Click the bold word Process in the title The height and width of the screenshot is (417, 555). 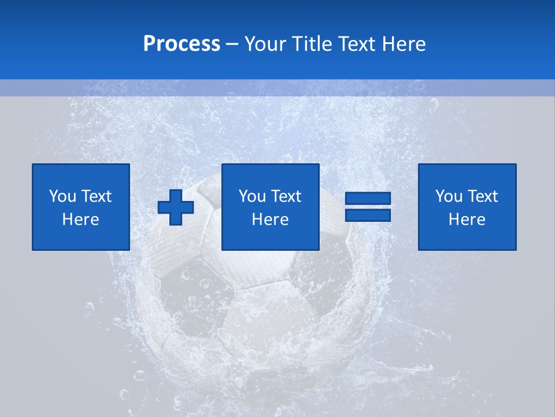pos(182,44)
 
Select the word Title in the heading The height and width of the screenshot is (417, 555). pos(312,44)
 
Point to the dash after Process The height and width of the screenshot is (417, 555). pos(232,45)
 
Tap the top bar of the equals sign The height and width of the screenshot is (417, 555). pos(368,199)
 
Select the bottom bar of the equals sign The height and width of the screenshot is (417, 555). pos(368,215)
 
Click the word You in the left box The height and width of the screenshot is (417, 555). pos(62,196)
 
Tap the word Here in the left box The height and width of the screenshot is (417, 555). pos(80,220)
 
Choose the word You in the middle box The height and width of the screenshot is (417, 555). pos(251,196)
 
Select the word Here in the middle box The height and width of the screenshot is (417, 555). pos(270,220)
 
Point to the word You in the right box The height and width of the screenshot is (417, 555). pos(448,196)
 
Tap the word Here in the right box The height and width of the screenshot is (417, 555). pos(467,220)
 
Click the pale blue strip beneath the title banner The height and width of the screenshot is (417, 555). pos(277,88)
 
